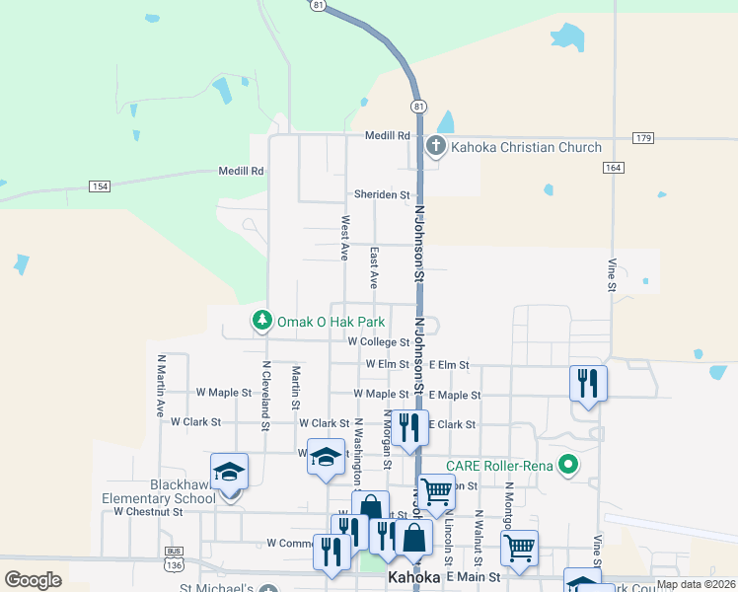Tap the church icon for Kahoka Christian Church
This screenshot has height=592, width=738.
(x=436, y=148)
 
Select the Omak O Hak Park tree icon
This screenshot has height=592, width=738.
(x=261, y=321)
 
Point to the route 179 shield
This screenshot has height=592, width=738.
(x=643, y=137)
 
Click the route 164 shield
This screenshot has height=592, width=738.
(x=614, y=168)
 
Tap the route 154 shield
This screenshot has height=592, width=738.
(x=99, y=185)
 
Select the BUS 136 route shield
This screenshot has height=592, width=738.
(x=175, y=561)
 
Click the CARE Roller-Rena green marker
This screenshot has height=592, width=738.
(x=567, y=463)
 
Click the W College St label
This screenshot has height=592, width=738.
(x=378, y=342)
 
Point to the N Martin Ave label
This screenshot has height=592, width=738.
(x=159, y=386)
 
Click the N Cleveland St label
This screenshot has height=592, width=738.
(x=265, y=396)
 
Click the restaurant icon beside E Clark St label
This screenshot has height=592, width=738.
(x=408, y=426)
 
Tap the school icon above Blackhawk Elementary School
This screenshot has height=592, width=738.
(x=229, y=471)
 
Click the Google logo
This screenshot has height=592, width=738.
(x=33, y=580)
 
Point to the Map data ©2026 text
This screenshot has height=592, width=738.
(x=696, y=584)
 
